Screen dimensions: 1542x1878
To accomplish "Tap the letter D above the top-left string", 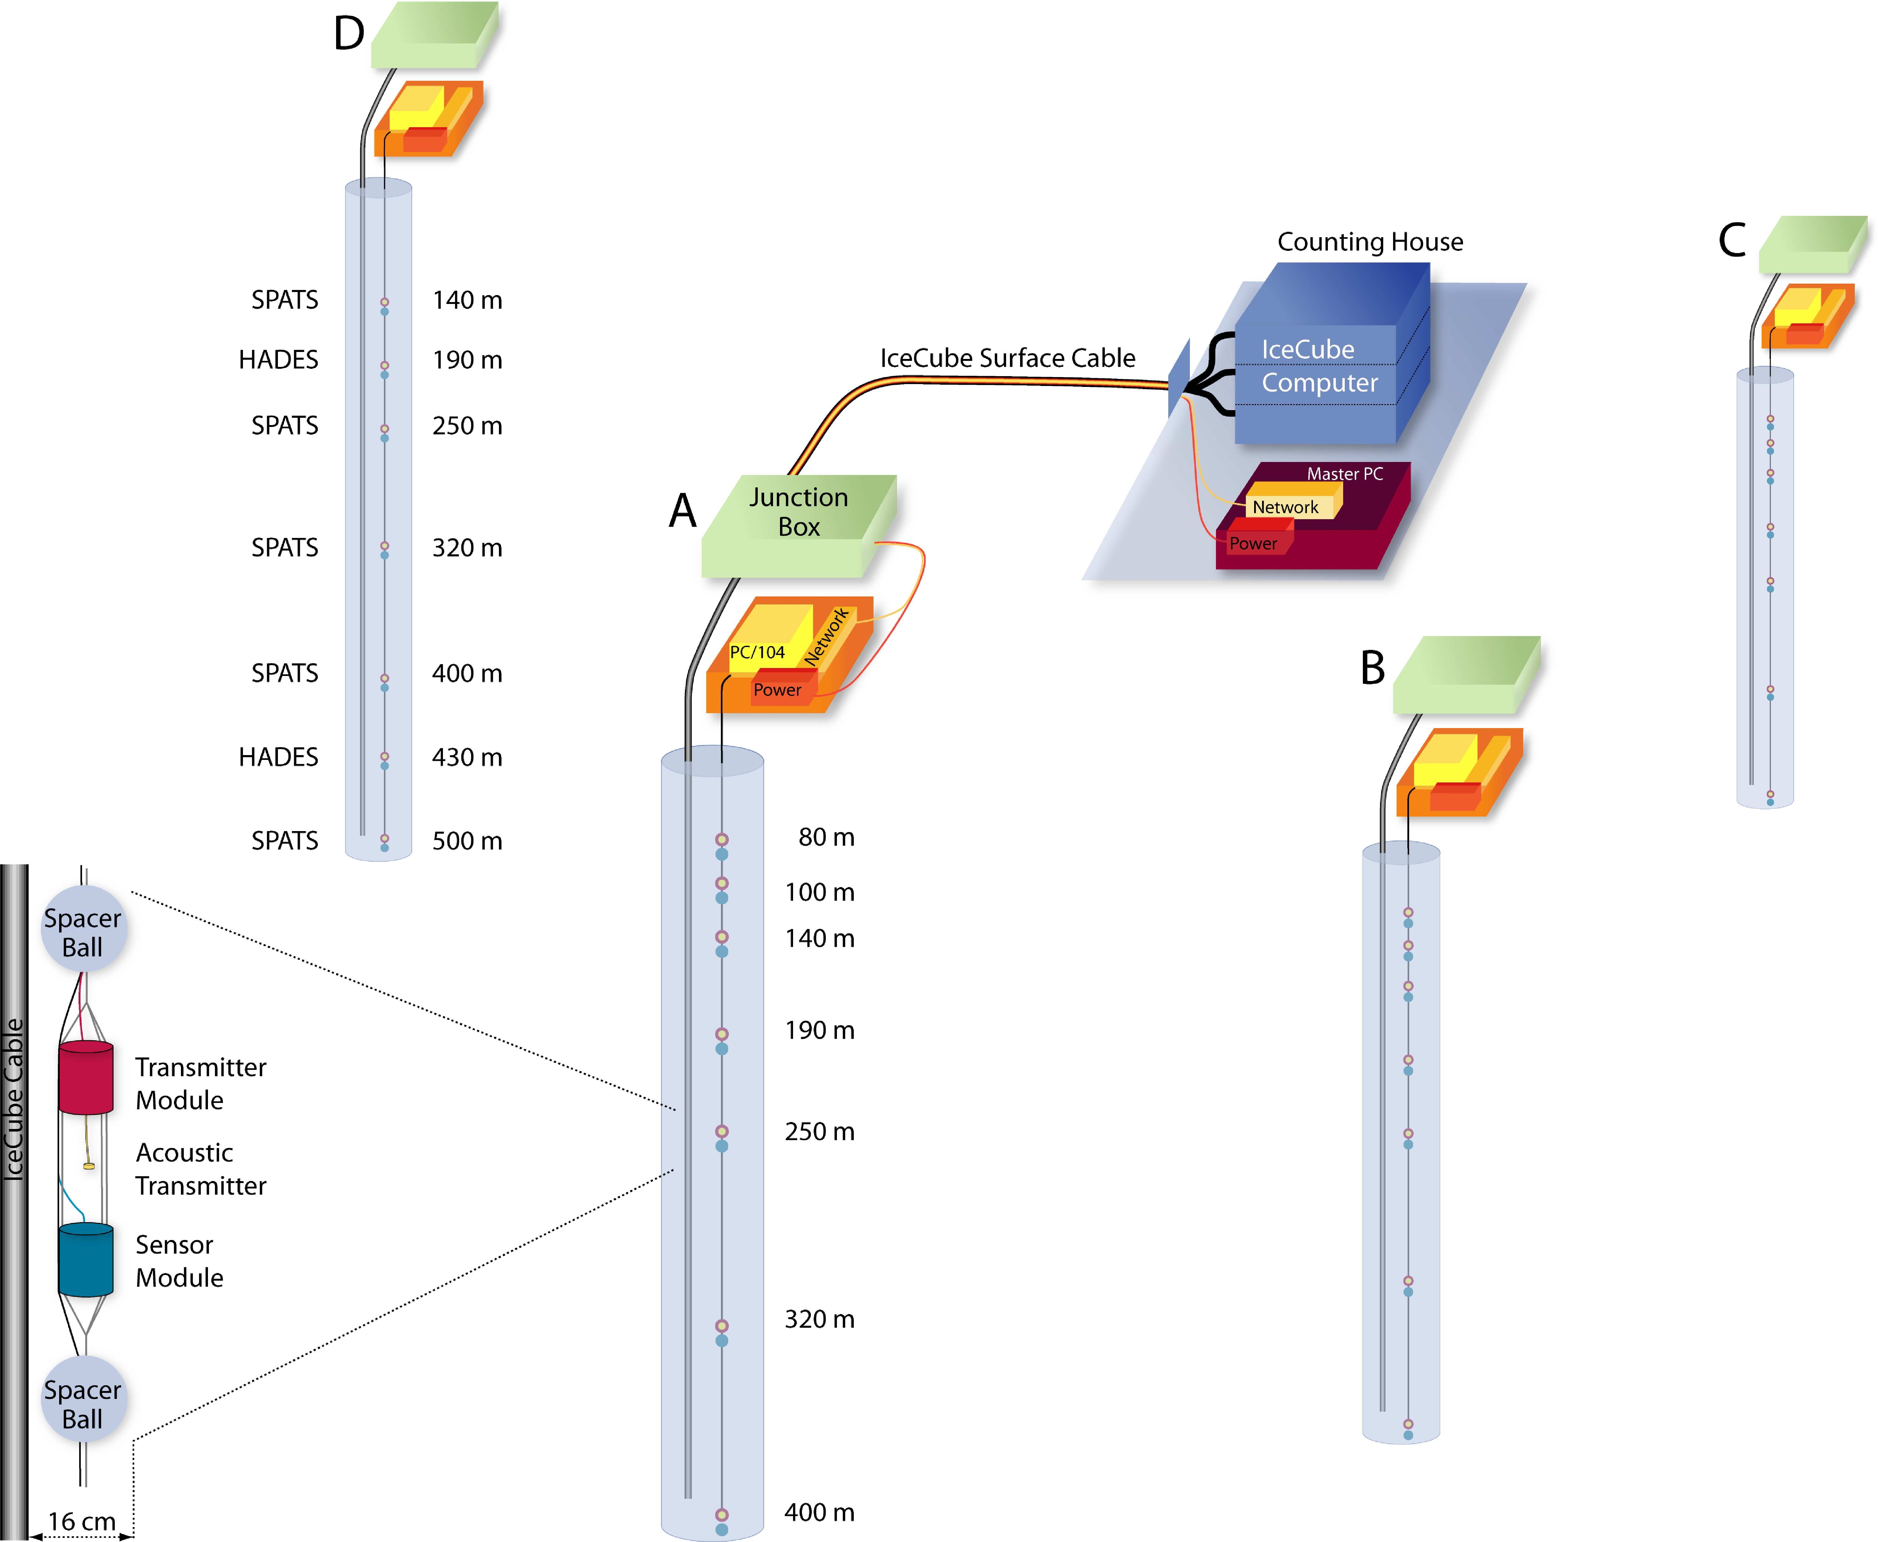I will click(349, 34).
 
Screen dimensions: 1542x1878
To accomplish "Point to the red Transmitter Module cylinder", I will click(86, 1077).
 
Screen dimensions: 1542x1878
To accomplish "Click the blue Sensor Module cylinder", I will click(86, 1260).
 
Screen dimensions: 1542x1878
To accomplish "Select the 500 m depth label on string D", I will click(467, 840).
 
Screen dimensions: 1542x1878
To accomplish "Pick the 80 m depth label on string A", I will click(826, 837).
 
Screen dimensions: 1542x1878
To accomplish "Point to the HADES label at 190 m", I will click(278, 360).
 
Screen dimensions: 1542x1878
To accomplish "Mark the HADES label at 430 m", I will click(278, 757).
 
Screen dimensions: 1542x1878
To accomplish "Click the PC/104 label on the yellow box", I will click(757, 652).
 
